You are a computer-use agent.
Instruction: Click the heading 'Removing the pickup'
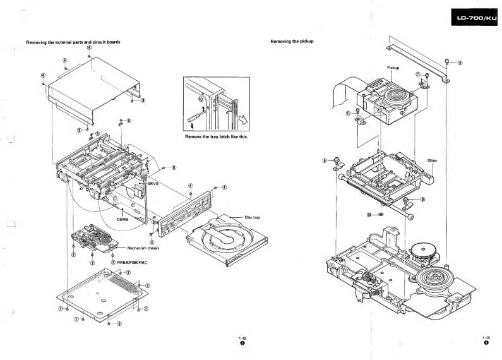(x=292, y=42)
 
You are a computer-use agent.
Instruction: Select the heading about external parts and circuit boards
(x=73, y=42)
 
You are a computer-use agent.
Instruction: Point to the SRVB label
(x=152, y=184)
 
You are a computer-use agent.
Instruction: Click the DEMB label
(x=123, y=219)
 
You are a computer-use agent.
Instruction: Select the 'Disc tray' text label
(x=252, y=217)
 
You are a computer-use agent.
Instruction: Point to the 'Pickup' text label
(x=393, y=68)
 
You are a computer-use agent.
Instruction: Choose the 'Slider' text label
(x=432, y=160)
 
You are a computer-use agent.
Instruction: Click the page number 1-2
(x=241, y=339)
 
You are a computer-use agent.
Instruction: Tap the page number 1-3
(x=486, y=339)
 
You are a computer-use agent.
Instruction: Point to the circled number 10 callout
(x=369, y=215)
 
